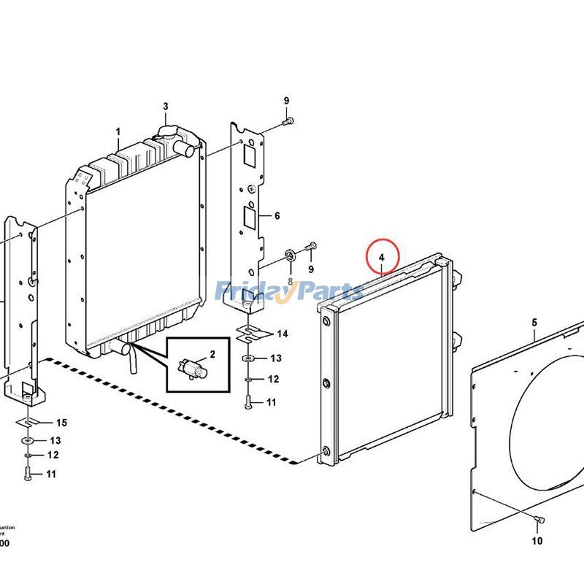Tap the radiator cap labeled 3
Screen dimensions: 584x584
[166, 135]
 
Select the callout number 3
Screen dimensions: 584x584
[166, 107]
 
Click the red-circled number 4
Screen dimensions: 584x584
[381, 256]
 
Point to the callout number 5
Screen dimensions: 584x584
[534, 322]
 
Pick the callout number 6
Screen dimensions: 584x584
[277, 216]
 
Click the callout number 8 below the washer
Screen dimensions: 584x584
[290, 281]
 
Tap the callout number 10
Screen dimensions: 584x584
[537, 541]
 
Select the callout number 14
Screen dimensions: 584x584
[282, 334]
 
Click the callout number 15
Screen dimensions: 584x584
[61, 423]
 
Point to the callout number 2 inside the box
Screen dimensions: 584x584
[212, 355]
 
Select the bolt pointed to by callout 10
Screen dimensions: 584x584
[540, 519]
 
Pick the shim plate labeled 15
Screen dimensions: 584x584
[26, 423]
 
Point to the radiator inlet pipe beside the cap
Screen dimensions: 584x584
[187, 150]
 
